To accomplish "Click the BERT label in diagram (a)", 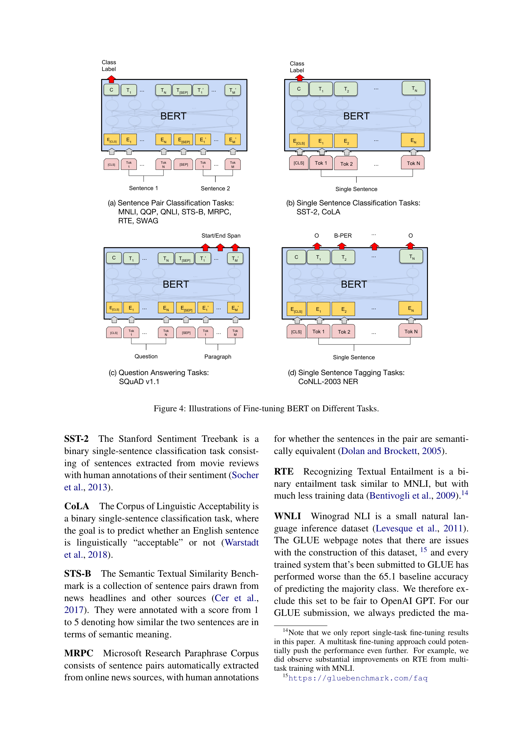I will [x=173, y=116].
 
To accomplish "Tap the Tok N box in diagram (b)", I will [x=413, y=163].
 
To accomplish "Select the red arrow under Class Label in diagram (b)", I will [x=300, y=78].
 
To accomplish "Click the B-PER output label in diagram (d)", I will [x=343, y=235].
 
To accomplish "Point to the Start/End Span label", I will [x=221, y=235].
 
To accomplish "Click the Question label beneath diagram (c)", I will [x=146, y=356].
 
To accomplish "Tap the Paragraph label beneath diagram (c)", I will [x=217, y=356].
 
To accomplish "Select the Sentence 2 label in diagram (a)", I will [x=215, y=188].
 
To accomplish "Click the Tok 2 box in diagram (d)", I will [x=344, y=332].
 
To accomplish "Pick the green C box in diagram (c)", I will [x=114, y=258].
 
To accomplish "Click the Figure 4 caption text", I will [x=266, y=408].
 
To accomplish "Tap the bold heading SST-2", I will [x=76, y=439].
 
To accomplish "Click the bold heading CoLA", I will [x=76, y=506].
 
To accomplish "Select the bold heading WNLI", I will [x=287, y=516].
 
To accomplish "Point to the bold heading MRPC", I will [x=78, y=653].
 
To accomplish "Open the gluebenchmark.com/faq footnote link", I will [x=358, y=678].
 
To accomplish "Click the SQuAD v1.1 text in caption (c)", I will [x=139, y=381].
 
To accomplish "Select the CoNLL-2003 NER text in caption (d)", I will [x=328, y=381].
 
